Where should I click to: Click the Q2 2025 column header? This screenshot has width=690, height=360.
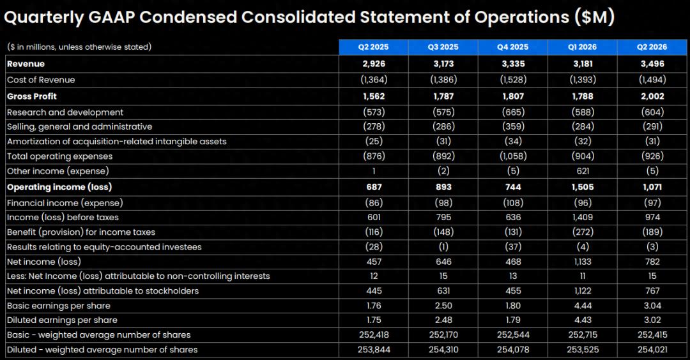coord(373,47)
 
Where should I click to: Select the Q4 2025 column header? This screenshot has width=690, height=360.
coord(512,47)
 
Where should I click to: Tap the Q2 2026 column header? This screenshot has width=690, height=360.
coord(652,47)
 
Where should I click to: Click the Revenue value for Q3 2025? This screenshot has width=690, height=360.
coord(443,64)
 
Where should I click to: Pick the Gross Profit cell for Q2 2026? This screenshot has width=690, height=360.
coord(652,96)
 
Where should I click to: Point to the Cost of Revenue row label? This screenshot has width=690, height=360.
coord(41,80)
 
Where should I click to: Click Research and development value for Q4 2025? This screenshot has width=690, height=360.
coord(513,112)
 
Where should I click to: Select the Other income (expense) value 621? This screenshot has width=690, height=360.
coord(583,171)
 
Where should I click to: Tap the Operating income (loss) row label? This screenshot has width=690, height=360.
coord(59,187)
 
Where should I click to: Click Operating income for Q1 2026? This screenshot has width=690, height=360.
coord(583,187)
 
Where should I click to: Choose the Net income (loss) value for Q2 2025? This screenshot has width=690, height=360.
coord(374,262)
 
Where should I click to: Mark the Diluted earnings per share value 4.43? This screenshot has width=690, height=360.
coord(583,320)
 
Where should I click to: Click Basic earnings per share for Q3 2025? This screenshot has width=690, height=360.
coord(443,306)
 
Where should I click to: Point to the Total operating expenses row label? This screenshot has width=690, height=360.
coord(60,156)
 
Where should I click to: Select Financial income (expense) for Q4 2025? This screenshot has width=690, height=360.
coord(513,202)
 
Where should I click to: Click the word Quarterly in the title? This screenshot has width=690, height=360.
coord(43,18)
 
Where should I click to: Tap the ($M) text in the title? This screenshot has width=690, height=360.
coord(594,18)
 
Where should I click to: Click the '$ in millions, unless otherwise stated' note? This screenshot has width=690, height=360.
coord(79,47)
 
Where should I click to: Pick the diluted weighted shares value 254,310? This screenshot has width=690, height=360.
coord(443,350)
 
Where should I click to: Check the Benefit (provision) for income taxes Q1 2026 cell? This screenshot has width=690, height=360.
coord(583,232)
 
